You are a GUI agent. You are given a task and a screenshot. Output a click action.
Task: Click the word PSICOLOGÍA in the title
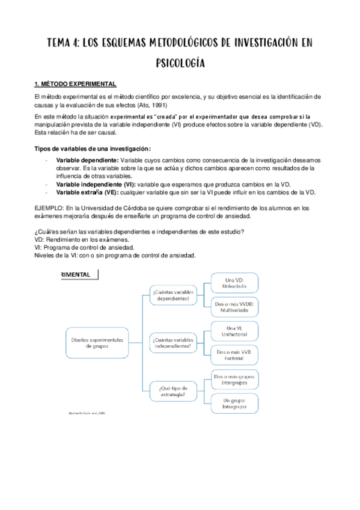point(180,62)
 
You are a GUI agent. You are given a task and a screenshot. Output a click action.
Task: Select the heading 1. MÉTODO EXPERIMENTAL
point(75,84)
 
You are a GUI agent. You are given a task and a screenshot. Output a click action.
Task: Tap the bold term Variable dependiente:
point(88,161)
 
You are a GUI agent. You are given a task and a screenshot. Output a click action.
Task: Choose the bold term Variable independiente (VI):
point(96,184)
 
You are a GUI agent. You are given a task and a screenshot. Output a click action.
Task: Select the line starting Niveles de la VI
point(115,256)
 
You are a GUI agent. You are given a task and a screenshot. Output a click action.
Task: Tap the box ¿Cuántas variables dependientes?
point(174,295)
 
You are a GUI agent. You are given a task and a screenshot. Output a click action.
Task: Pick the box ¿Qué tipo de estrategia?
point(174,391)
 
